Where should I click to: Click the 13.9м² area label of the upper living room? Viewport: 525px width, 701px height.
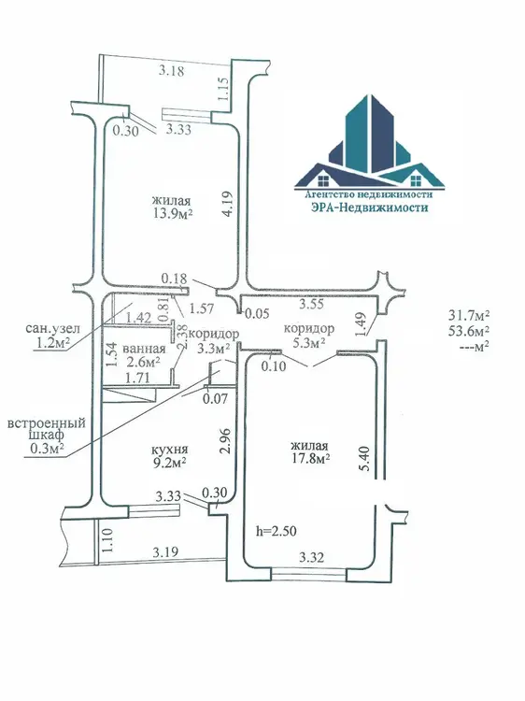click(173, 213)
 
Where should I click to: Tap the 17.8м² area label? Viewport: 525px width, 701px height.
click(309, 458)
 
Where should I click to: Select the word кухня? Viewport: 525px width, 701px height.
click(169, 449)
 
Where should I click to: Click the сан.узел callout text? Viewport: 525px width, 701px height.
click(52, 329)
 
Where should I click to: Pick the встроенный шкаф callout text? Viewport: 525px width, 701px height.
click(47, 428)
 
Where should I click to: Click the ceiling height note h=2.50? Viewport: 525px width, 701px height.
click(277, 531)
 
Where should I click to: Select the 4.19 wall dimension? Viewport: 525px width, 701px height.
click(228, 204)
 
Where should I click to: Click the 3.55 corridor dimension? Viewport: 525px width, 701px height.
click(311, 304)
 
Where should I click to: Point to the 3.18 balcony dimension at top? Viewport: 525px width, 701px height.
click(172, 71)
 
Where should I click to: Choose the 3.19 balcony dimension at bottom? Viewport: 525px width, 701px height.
click(165, 552)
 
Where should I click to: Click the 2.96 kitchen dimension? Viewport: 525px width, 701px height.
click(226, 442)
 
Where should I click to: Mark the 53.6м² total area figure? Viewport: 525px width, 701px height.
click(469, 330)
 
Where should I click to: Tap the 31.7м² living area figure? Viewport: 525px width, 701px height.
click(469, 315)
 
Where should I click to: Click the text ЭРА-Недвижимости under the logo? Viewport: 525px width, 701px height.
click(369, 207)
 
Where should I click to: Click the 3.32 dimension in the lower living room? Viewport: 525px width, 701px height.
click(311, 557)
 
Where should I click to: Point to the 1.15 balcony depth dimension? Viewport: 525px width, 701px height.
click(224, 89)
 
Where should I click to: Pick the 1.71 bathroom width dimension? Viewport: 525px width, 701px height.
click(137, 378)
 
